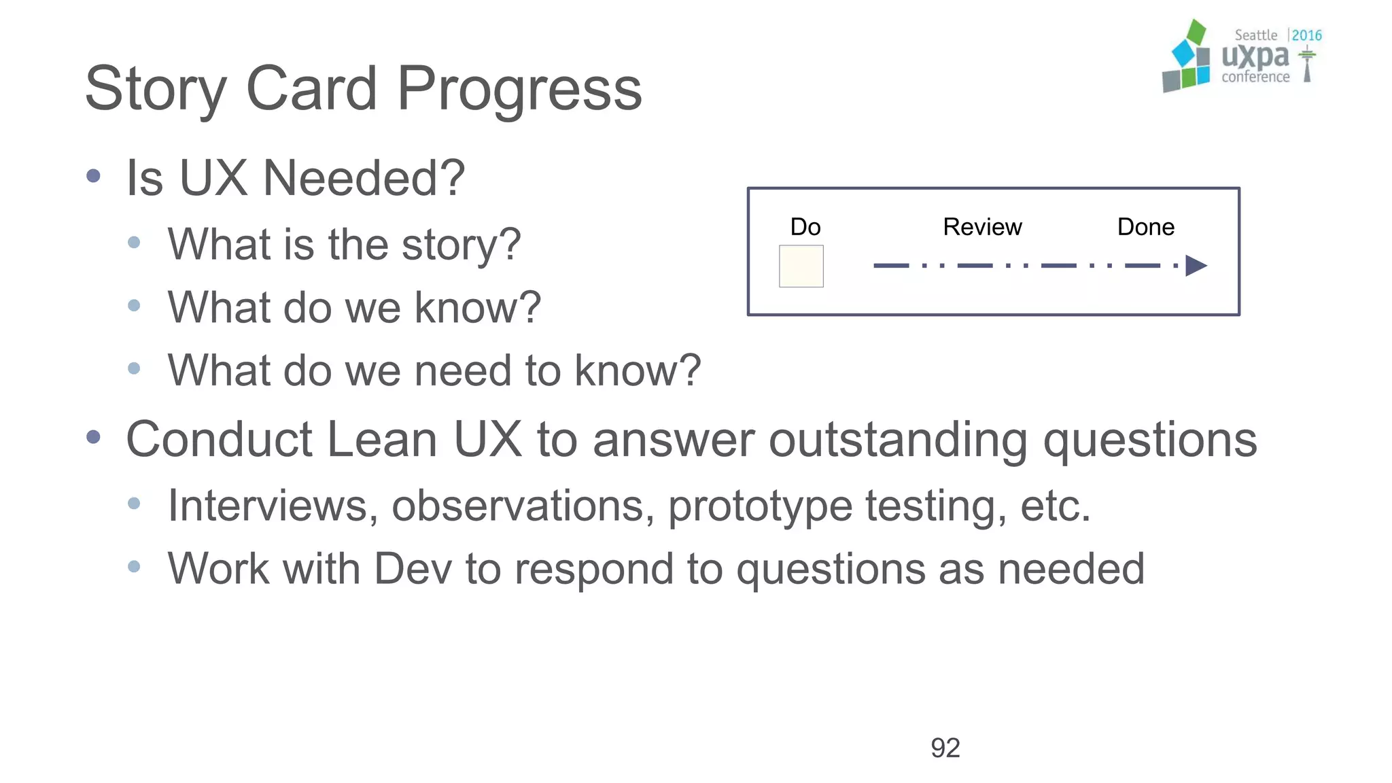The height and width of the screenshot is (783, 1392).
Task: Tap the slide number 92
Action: tap(945, 748)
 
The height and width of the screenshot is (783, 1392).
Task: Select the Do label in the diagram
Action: tap(805, 227)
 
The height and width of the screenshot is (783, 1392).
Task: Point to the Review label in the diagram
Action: tap(981, 227)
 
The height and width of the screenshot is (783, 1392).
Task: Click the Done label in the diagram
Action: tap(1145, 227)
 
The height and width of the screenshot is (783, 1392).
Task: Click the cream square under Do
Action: tap(801, 266)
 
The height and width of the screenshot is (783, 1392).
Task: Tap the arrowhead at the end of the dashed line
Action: tap(1195, 266)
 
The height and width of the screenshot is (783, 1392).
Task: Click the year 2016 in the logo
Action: tap(1306, 35)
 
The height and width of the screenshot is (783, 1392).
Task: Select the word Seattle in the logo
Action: tap(1255, 35)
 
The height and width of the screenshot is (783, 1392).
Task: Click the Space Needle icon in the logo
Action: tap(1306, 65)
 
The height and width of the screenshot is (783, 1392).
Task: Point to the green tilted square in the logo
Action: tap(1196, 32)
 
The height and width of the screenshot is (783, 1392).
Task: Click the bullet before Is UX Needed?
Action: tap(94, 177)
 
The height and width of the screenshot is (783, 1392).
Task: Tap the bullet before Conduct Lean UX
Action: tap(94, 437)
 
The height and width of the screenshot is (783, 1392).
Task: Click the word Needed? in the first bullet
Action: tap(364, 178)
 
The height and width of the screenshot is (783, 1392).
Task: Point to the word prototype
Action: tap(759, 507)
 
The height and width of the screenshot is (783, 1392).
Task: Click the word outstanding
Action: tap(897, 440)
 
